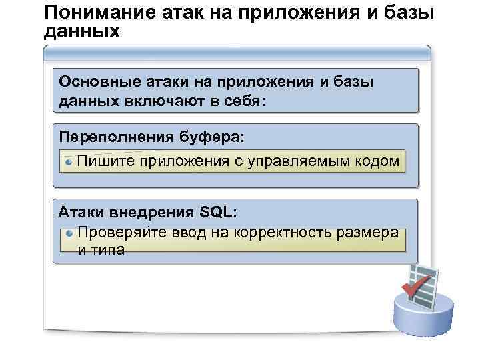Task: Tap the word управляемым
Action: pos(303,161)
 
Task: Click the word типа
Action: pos(109,250)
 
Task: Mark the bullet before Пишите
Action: pos(69,161)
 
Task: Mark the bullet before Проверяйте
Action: pos(69,233)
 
